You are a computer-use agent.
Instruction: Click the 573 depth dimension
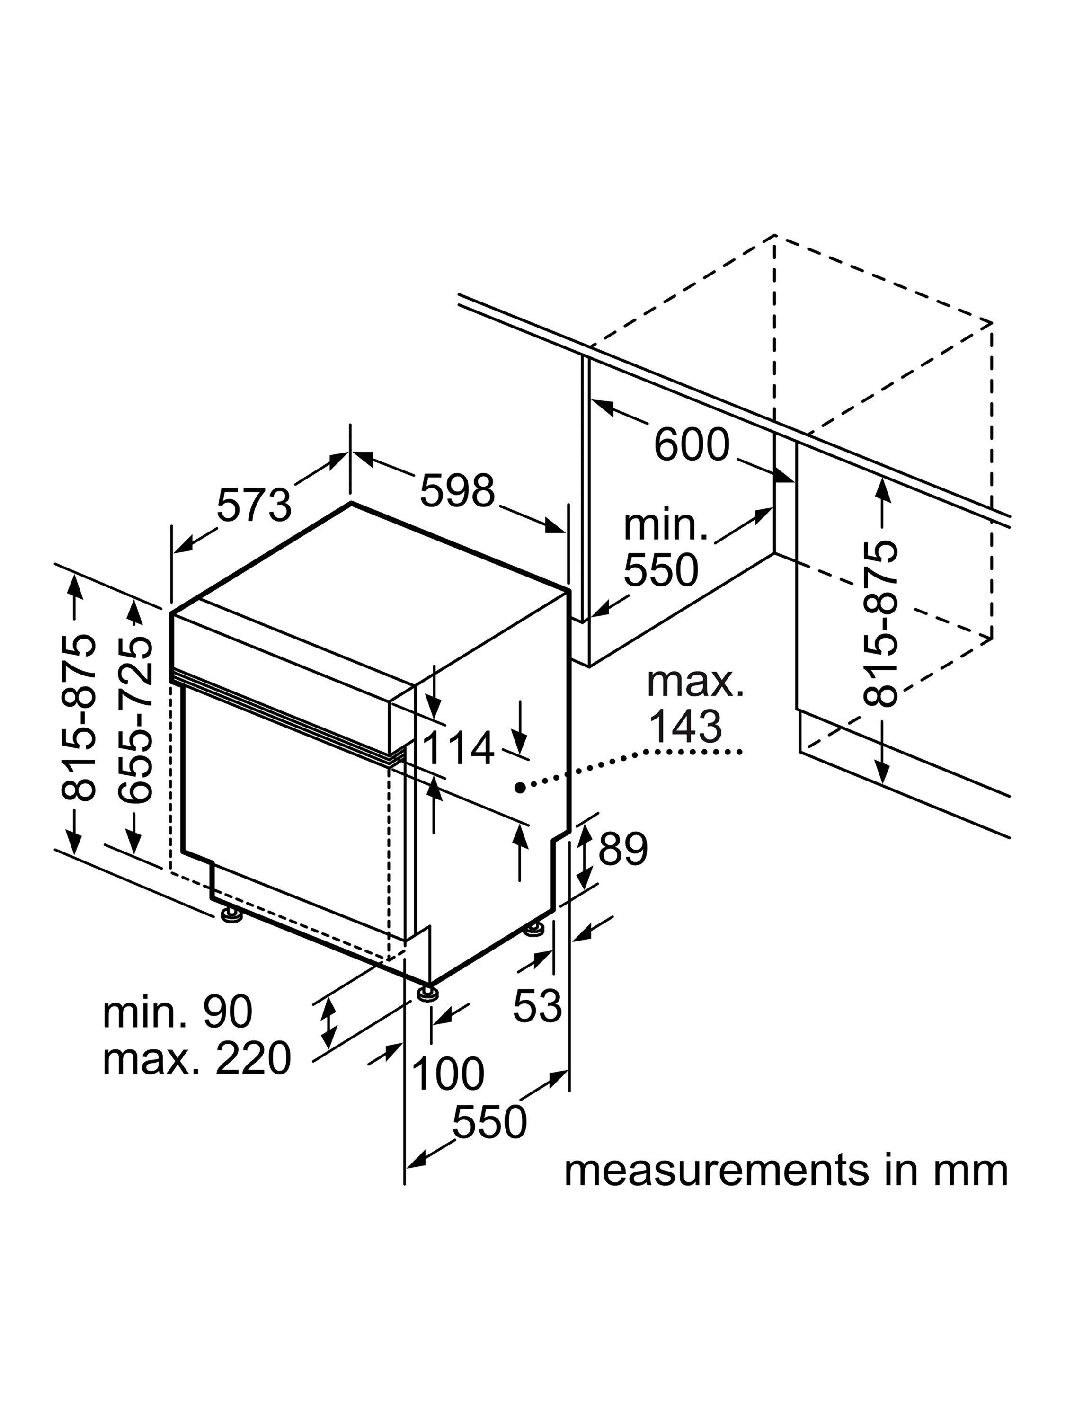pos(254,505)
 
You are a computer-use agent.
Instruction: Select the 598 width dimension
pos(457,490)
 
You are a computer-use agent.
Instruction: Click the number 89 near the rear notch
pos(623,849)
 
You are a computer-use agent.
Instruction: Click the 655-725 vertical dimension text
pos(136,719)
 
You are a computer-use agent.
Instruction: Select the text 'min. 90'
pos(177,1012)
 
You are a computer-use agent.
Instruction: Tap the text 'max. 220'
pos(197,1058)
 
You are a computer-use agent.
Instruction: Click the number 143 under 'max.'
pos(685,726)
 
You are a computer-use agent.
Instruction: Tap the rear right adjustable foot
pos(533,929)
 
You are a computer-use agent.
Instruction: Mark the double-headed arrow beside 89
pos(586,856)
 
